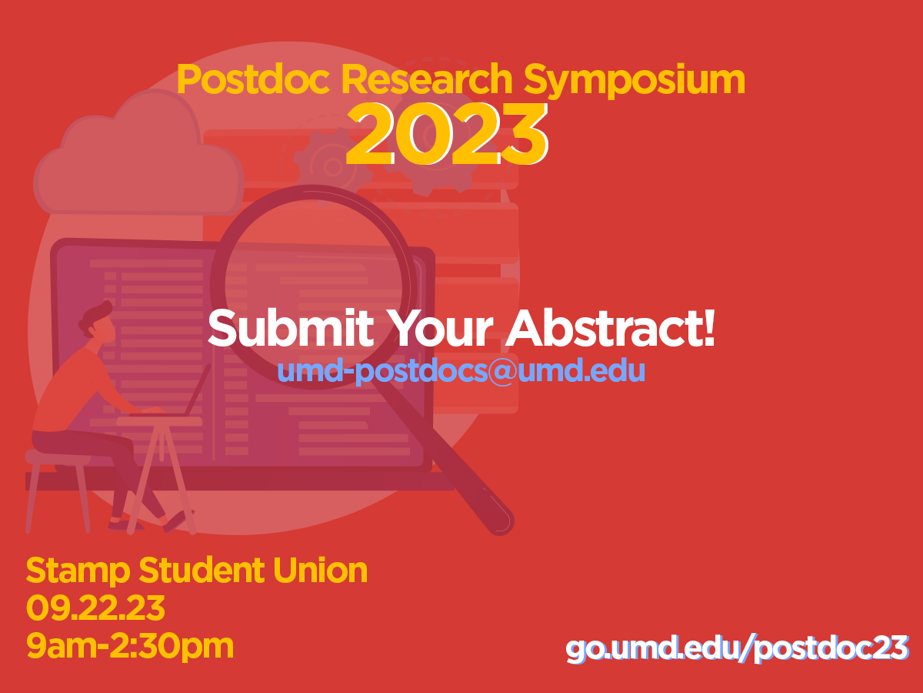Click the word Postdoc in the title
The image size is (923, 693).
(x=253, y=79)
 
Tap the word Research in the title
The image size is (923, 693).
(x=426, y=79)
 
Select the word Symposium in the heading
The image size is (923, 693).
(x=634, y=81)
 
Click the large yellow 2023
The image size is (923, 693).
(x=447, y=134)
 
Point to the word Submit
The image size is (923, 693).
(x=291, y=328)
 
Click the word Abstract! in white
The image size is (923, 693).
(x=610, y=328)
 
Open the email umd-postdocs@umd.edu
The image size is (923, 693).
(x=461, y=370)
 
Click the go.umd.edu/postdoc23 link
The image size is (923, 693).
(x=737, y=648)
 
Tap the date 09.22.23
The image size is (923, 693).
(x=95, y=608)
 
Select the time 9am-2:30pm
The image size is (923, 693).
(x=130, y=647)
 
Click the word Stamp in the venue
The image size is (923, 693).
(x=78, y=571)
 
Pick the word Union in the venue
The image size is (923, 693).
(x=321, y=570)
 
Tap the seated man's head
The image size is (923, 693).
(x=98, y=320)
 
